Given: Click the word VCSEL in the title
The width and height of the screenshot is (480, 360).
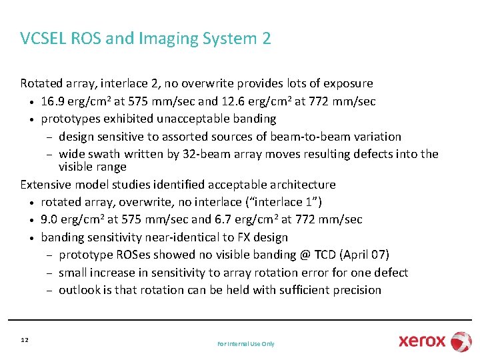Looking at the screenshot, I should [43, 39].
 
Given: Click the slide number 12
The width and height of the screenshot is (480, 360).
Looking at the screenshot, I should [25, 341].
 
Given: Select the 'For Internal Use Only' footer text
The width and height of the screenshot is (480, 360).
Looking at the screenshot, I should [246, 344].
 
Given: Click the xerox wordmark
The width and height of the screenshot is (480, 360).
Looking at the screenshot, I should [422, 341].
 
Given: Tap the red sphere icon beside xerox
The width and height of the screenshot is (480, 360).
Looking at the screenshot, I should [461, 341].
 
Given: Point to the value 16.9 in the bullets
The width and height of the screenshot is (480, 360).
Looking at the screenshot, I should [52, 101].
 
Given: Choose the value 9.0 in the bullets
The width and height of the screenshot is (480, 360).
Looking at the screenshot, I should [49, 219].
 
